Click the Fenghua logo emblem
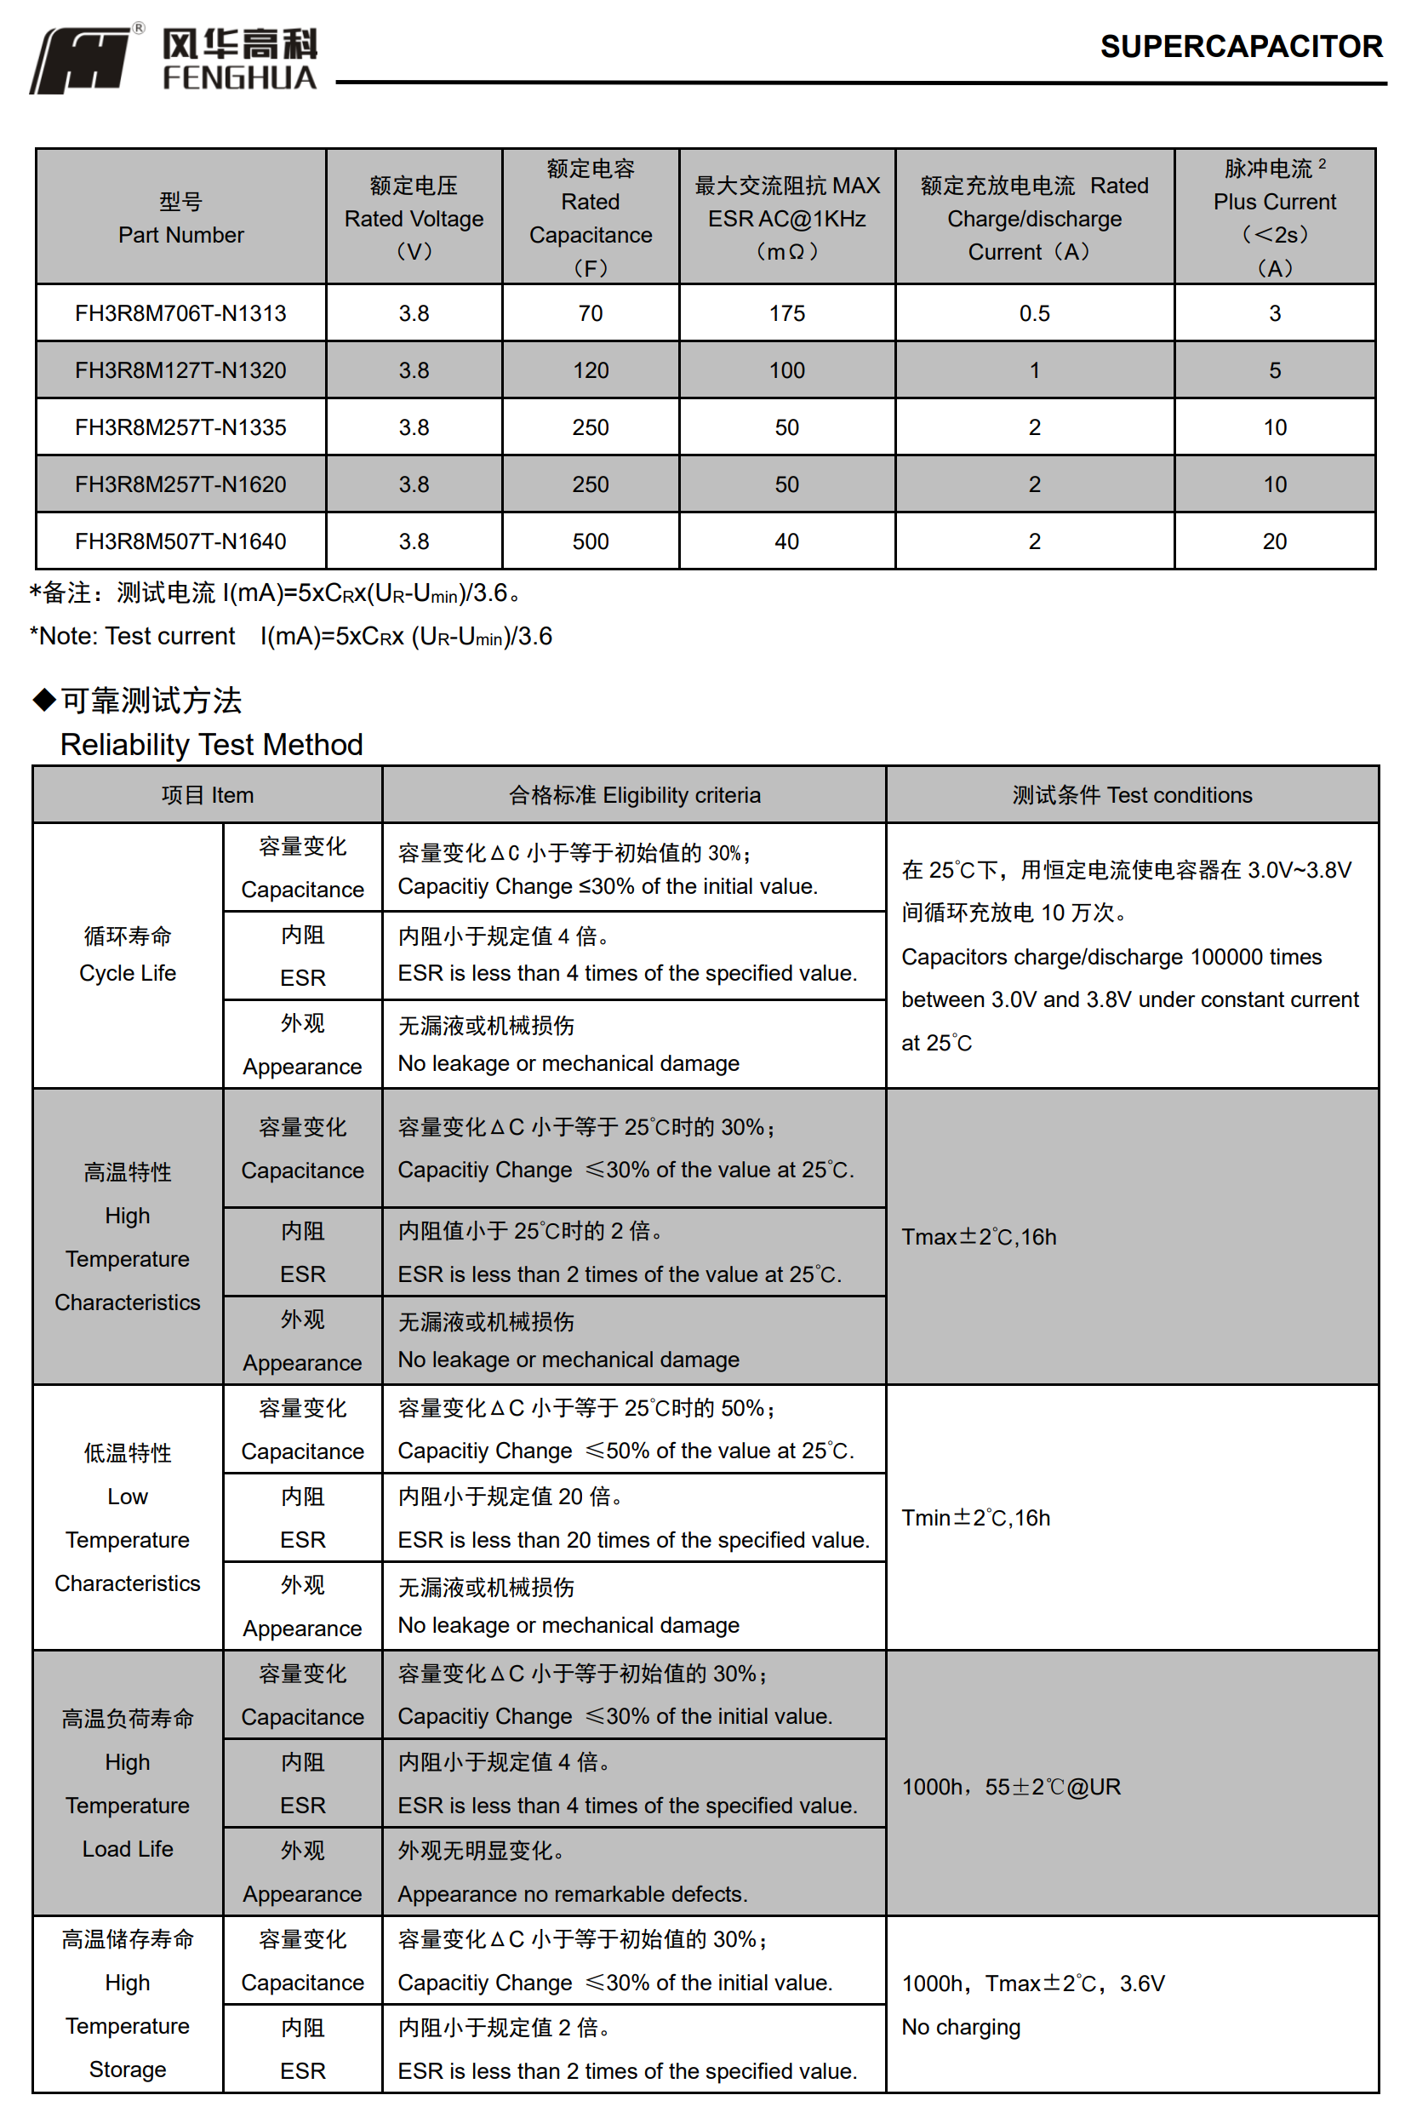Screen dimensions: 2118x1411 click(x=81, y=60)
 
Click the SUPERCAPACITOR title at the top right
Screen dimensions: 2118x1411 click(x=1240, y=47)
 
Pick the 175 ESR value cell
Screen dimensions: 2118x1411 click(x=786, y=313)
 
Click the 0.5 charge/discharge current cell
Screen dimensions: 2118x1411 click(x=1034, y=313)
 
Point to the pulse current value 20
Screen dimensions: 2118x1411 click(x=1273, y=541)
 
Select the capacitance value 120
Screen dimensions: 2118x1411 click(x=591, y=370)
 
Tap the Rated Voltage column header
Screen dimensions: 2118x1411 click(x=414, y=218)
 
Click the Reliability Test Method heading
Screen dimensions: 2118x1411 click(x=211, y=744)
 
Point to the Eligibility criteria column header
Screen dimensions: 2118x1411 click(x=634, y=795)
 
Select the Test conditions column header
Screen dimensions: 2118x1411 click(x=1131, y=795)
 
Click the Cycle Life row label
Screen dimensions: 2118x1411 click(x=127, y=955)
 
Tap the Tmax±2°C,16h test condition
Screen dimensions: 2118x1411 click(x=978, y=1237)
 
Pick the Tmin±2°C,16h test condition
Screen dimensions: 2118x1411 click(x=975, y=1518)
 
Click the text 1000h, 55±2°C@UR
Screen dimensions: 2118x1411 click(x=1010, y=1787)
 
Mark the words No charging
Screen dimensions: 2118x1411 click(x=960, y=2026)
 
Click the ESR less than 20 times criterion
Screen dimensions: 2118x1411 click(x=633, y=1540)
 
